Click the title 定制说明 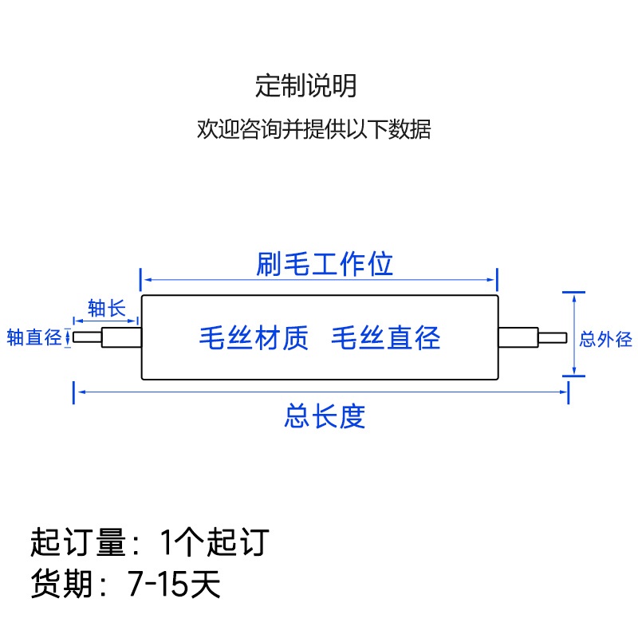(305, 85)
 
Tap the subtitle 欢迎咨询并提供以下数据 (313, 129)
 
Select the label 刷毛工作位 (325, 264)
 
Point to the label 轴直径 (34, 337)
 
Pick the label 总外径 (606, 340)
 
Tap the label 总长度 (324, 415)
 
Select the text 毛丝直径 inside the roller (385, 338)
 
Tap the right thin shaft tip (553, 337)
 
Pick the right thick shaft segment (518, 337)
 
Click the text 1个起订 (214, 543)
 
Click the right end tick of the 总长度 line (569, 392)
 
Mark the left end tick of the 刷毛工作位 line (141, 280)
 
